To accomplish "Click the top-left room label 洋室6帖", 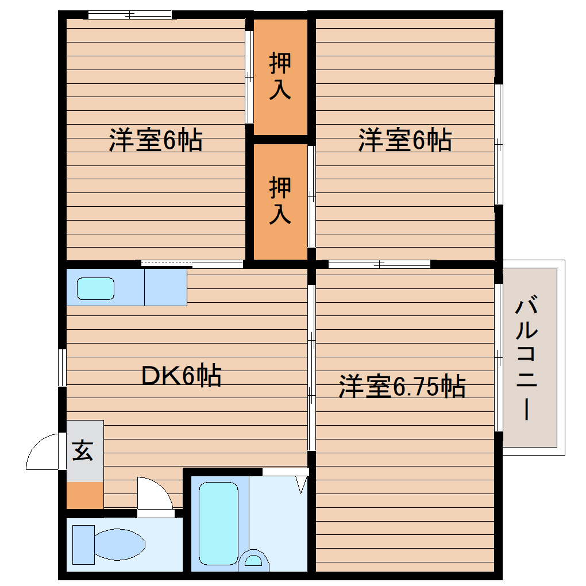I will tap(156, 140).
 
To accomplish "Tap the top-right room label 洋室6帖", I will tap(405, 140).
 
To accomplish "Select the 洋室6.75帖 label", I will tap(402, 387).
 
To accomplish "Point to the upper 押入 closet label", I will tap(280, 76).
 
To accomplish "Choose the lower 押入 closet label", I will tap(280, 200).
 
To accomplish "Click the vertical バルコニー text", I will tap(529, 359).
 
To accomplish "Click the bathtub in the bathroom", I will tap(219, 523).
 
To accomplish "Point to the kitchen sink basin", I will tap(95, 288).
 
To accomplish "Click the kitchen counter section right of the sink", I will tap(165, 287).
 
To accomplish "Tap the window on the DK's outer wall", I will tap(62, 367).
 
